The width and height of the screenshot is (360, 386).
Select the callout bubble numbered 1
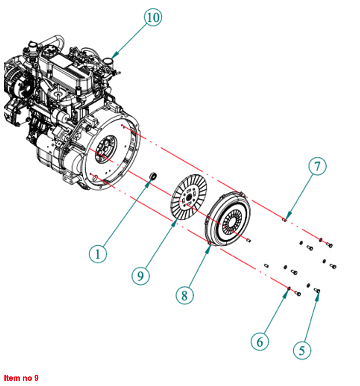pyautogui.click(x=98, y=254)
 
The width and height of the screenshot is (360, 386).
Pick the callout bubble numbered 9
pyautogui.click(x=140, y=276)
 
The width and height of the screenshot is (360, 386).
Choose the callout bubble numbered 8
pyautogui.click(x=184, y=295)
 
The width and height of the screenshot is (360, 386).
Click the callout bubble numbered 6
pyautogui.click(x=260, y=342)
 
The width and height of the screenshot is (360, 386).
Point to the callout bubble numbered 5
pyautogui.click(x=302, y=350)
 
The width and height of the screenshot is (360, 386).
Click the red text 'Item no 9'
pyautogui.click(x=22, y=378)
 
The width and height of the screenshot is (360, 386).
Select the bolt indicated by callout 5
pyautogui.click(x=317, y=291)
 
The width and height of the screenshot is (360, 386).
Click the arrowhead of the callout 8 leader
pyautogui.click(x=209, y=247)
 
